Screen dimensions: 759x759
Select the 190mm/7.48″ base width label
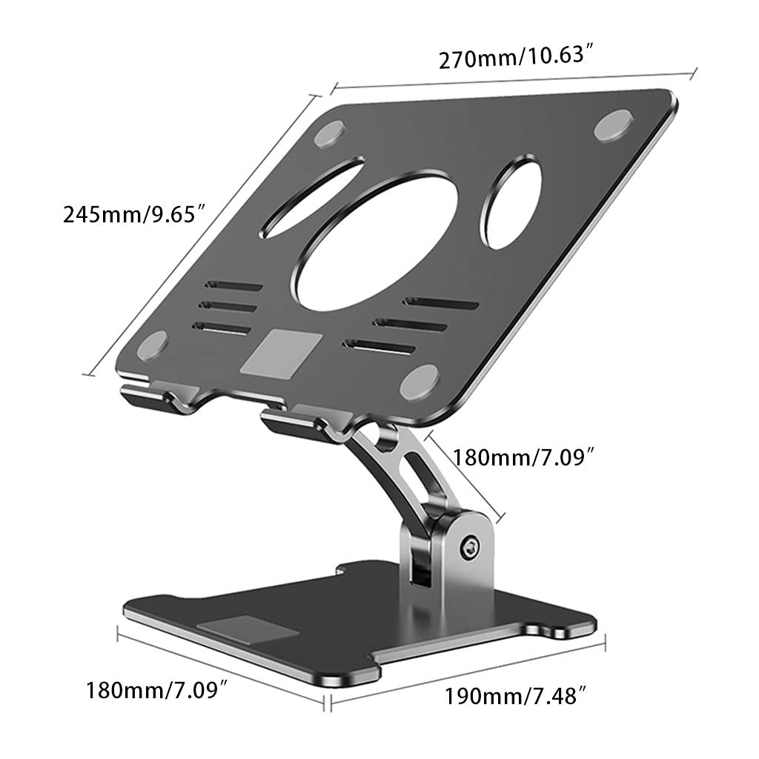click(516, 696)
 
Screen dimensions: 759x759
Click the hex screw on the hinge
click(470, 548)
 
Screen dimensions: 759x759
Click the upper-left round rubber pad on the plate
click(330, 135)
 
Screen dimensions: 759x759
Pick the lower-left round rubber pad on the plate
click(153, 345)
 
